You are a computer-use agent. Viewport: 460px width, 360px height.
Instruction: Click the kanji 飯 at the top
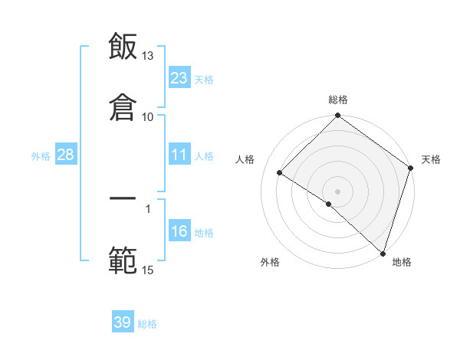click(x=123, y=47)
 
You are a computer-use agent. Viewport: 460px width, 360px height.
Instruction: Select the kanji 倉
click(x=123, y=107)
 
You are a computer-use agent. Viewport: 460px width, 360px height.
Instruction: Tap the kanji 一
click(x=123, y=199)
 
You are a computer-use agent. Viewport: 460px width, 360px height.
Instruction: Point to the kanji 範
click(x=123, y=260)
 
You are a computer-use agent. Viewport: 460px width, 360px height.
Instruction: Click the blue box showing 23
click(x=179, y=78)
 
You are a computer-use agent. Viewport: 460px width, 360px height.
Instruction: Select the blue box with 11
click(x=179, y=155)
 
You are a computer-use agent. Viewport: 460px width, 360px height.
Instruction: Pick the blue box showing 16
click(x=179, y=231)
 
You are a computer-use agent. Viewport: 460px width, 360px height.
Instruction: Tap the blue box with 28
click(x=66, y=155)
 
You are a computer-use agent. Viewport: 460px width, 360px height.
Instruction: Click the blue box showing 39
click(x=123, y=322)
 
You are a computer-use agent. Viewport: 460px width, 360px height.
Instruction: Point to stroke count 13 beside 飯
click(x=148, y=57)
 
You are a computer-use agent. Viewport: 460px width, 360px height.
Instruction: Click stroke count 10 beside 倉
click(x=148, y=116)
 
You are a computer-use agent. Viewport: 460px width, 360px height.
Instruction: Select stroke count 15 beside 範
click(x=148, y=270)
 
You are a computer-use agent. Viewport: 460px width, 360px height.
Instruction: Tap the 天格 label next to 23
click(x=204, y=79)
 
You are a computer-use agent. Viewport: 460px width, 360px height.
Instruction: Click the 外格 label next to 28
click(x=41, y=155)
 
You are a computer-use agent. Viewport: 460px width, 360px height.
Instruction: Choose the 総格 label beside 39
click(x=147, y=324)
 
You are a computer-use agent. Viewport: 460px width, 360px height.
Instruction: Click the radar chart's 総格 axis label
click(x=338, y=100)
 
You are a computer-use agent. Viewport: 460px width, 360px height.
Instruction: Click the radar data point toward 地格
click(x=383, y=253)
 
